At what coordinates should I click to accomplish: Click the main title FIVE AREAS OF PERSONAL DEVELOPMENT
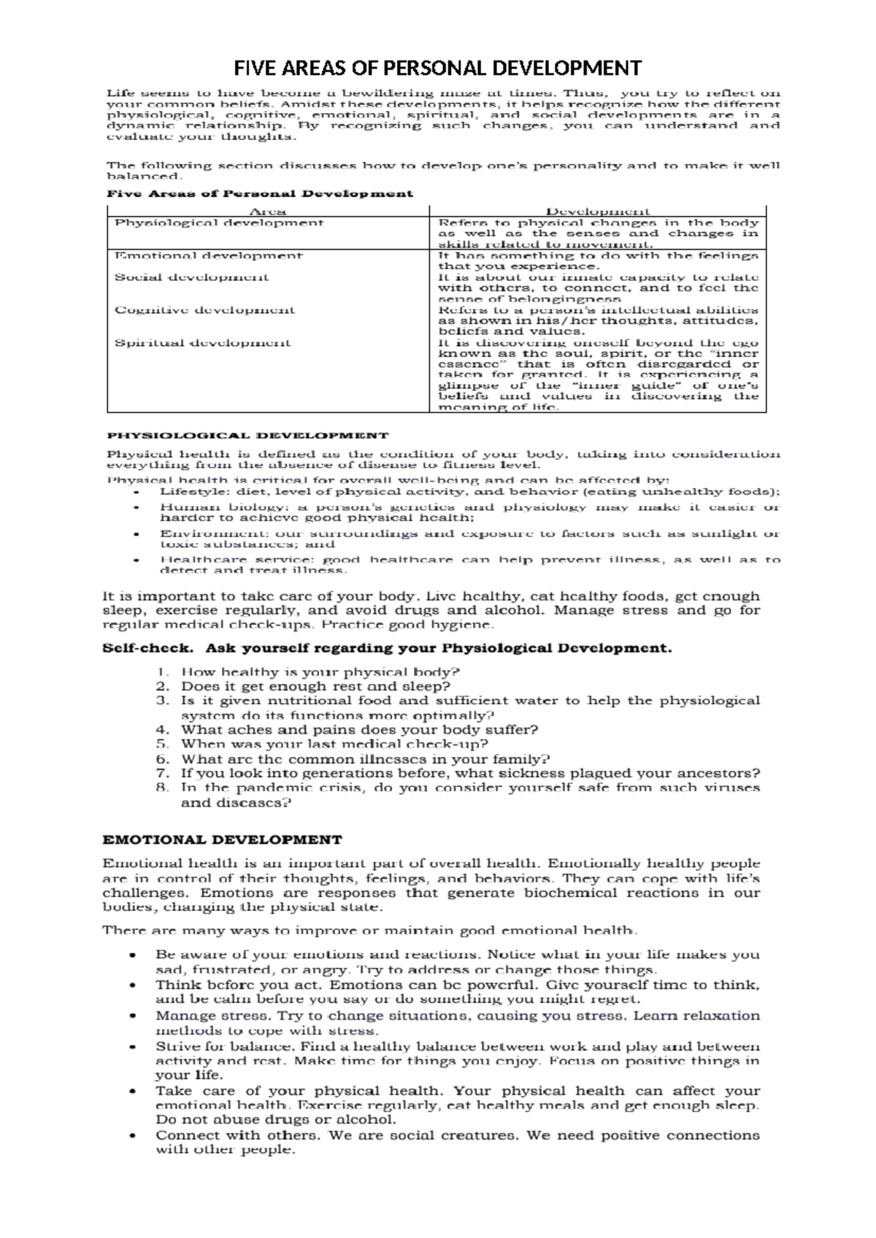(x=437, y=69)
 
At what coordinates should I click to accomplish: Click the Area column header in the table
(x=267, y=212)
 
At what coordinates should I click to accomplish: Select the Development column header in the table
(x=598, y=212)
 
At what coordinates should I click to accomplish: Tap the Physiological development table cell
(x=219, y=223)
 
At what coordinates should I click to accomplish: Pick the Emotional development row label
(x=208, y=255)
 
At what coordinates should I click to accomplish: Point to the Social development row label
(x=191, y=277)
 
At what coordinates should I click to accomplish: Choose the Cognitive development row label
(x=204, y=310)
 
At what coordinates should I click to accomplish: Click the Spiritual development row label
(x=202, y=343)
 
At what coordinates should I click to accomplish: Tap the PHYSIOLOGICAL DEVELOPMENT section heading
(x=247, y=436)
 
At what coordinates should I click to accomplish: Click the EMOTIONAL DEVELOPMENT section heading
(x=222, y=840)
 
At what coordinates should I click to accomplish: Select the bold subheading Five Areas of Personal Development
(x=260, y=194)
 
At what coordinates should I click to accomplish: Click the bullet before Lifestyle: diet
(x=136, y=493)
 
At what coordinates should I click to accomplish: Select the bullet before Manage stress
(x=131, y=1016)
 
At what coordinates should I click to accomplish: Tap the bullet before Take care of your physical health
(x=131, y=1092)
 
